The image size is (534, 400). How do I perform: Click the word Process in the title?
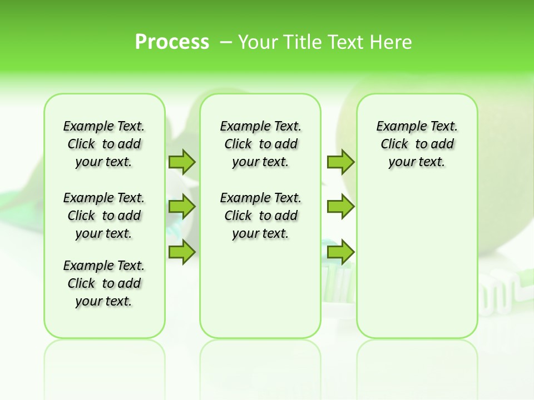[x=172, y=42]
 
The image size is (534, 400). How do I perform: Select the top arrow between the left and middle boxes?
[x=182, y=162]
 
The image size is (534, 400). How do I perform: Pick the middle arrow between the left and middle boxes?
[x=182, y=207]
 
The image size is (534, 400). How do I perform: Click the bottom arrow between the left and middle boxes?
[x=182, y=252]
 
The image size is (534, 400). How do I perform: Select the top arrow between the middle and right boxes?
[x=340, y=162]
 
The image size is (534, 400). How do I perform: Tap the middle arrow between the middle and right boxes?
[x=340, y=207]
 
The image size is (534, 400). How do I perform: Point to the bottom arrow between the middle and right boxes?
[x=340, y=252]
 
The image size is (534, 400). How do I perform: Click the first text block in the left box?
[x=104, y=144]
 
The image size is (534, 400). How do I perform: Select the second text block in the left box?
[x=104, y=216]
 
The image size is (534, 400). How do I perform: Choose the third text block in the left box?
[x=104, y=283]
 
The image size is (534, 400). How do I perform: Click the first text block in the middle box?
[x=260, y=144]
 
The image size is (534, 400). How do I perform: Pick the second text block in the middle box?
[x=260, y=216]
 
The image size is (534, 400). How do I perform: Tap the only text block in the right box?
[x=417, y=144]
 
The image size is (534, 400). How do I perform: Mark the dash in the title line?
[x=226, y=42]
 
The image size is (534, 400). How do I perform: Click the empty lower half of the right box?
[x=417, y=261]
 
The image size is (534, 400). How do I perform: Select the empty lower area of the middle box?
[x=260, y=289]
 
